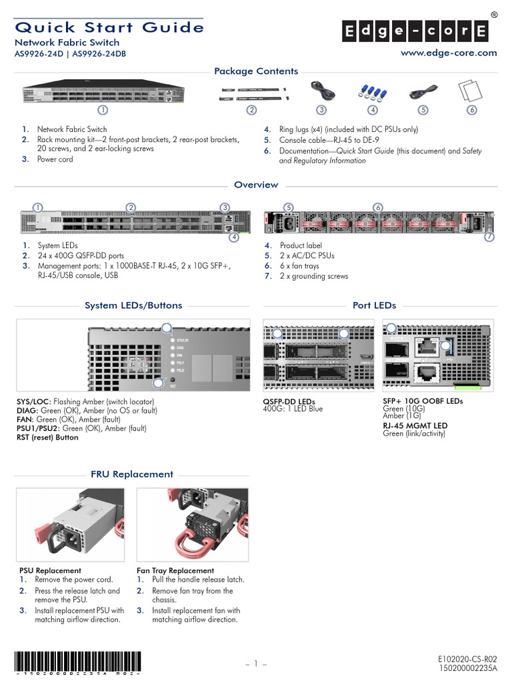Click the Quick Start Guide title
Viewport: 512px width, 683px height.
[109, 27]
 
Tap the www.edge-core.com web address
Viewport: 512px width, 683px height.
[448, 53]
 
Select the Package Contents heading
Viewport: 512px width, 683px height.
[256, 71]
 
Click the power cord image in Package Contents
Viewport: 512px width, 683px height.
[321, 92]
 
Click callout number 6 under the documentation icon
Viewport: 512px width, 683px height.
[472, 109]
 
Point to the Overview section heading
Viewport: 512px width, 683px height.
[256, 185]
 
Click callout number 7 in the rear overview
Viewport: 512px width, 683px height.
[489, 237]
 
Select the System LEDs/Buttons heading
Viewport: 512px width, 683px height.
[133, 305]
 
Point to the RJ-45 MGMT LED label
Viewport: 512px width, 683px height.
[415, 426]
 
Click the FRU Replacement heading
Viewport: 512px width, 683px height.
[132, 474]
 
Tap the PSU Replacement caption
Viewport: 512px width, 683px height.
[50, 570]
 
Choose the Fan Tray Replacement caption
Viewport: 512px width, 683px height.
[175, 570]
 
